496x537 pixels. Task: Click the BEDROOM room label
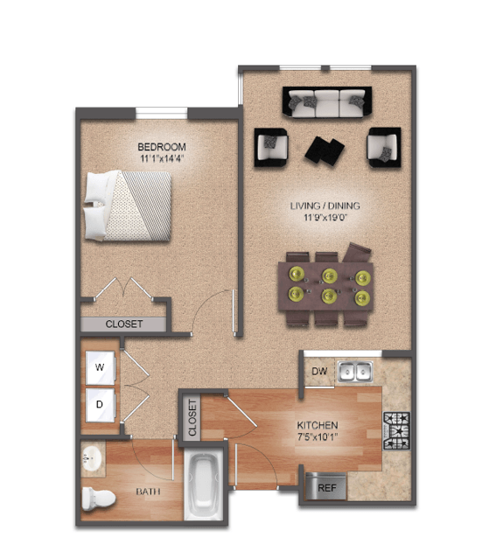[162, 147]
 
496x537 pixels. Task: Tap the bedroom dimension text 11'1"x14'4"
[162, 158]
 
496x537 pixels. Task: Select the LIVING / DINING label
[325, 206]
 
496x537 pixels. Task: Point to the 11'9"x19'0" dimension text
[325, 218]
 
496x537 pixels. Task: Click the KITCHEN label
[318, 425]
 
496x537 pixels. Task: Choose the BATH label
[148, 492]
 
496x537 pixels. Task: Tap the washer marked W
[100, 368]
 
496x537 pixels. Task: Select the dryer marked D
[100, 405]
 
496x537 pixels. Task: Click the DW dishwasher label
[319, 371]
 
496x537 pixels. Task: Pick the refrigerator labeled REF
[325, 486]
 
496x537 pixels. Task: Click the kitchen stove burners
[396, 431]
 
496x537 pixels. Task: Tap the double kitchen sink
[355, 372]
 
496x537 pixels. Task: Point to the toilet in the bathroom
[99, 499]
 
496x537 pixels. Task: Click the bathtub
[204, 485]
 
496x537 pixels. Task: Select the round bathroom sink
[91, 458]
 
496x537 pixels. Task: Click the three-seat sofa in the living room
[327, 102]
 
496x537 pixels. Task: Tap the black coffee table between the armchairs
[325, 150]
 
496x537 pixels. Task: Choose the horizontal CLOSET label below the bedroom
[124, 324]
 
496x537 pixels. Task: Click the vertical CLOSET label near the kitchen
[192, 418]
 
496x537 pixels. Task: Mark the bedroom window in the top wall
[161, 114]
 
